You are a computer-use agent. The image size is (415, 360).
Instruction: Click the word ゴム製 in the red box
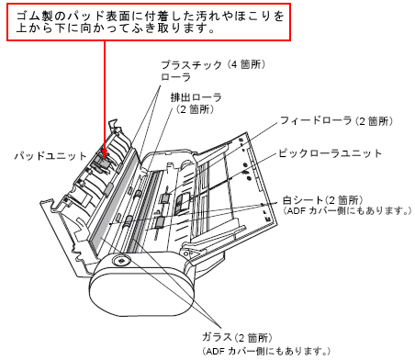35,16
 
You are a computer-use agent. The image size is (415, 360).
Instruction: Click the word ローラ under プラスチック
174,79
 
